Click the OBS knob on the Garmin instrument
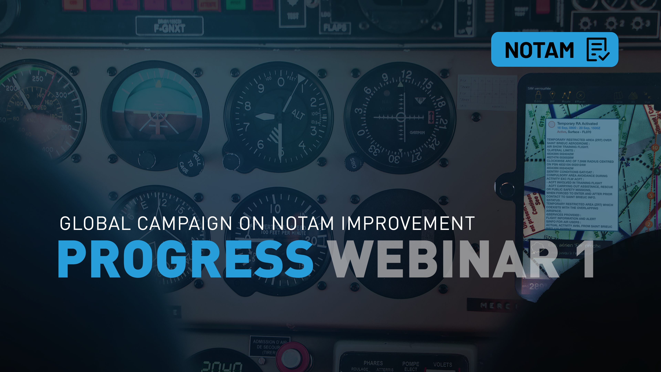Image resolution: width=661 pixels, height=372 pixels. [x=353, y=162]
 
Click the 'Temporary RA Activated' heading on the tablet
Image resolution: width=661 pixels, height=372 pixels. [x=577, y=123]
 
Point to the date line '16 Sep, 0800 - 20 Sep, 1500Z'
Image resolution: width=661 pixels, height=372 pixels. [x=578, y=128]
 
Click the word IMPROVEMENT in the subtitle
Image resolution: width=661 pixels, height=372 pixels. [x=408, y=223]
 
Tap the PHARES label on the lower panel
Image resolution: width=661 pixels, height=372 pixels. [x=373, y=363]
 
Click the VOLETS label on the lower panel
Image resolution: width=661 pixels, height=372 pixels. [x=442, y=365]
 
